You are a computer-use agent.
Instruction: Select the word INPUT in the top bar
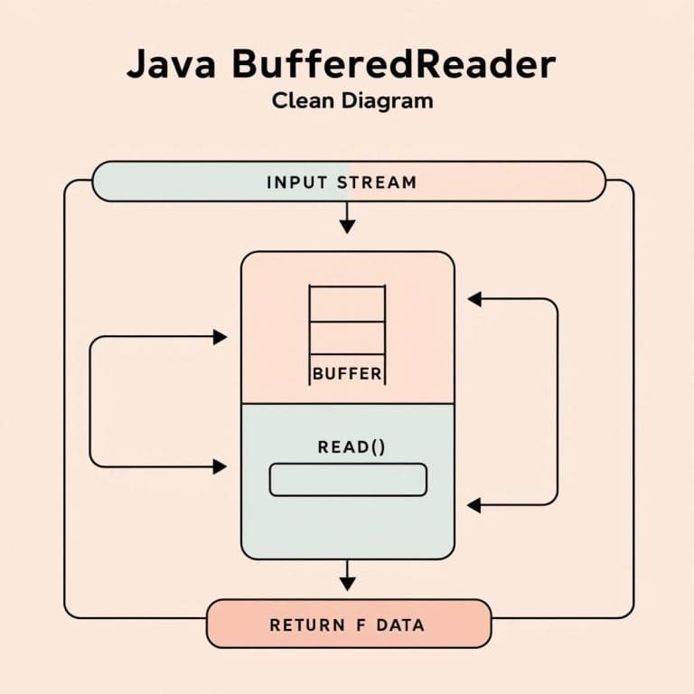(x=298, y=182)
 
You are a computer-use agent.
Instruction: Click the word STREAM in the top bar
(x=377, y=182)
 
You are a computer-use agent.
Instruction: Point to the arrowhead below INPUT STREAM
(x=347, y=226)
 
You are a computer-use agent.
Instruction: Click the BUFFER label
(x=347, y=373)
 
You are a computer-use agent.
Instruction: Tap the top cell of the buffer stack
(x=347, y=303)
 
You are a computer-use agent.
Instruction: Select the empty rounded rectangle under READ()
(x=348, y=479)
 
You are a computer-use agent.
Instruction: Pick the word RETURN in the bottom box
(x=307, y=624)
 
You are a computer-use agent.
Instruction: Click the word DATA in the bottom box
(x=400, y=624)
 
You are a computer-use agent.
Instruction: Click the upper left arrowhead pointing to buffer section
(x=219, y=337)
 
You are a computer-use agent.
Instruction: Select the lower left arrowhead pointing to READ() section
(x=219, y=466)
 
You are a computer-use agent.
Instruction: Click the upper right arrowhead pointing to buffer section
(x=474, y=299)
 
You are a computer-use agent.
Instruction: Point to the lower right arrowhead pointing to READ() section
(x=474, y=505)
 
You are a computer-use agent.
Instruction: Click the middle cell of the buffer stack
(x=347, y=336)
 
